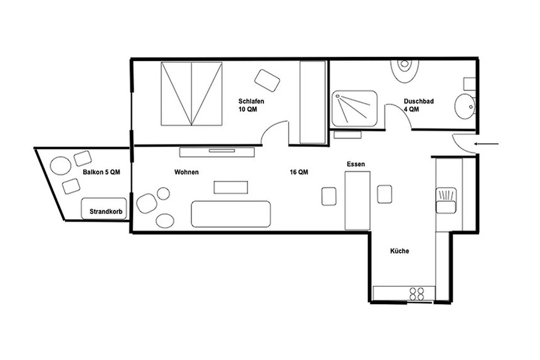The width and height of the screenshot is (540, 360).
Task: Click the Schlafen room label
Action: click(x=251, y=101)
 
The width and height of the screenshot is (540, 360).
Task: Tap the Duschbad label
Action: click(x=419, y=101)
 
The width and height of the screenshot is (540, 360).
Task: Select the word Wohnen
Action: click(x=187, y=172)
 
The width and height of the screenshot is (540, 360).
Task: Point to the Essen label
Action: click(x=356, y=164)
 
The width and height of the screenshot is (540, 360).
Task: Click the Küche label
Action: click(x=400, y=251)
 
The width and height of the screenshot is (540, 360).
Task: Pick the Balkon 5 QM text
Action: click(x=102, y=172)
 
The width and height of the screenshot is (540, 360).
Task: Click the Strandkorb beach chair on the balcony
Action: click(x=104, y=209)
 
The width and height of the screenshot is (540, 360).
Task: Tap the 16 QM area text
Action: click(x=299, y=172)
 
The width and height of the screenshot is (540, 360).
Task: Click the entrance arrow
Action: click(x=486, y=144)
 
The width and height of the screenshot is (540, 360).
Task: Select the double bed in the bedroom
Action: click(x=191, y=94)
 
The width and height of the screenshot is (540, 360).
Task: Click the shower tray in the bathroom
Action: click(x=355, y=108)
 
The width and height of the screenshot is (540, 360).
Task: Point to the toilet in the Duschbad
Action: click(x=405, y=71)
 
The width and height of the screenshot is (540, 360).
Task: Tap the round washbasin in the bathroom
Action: click(x=464, y=106)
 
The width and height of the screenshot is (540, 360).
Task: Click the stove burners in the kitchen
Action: click(x=417, y=294)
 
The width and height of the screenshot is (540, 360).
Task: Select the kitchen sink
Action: click(x=446, y=201)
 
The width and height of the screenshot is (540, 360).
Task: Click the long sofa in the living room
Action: click(x=231, y=214)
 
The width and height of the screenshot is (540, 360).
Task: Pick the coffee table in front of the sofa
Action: click(x=231, y=187)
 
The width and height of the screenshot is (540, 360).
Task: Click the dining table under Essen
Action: click(x=357, y=201)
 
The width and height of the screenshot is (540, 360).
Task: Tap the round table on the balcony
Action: click(x=60, y=166)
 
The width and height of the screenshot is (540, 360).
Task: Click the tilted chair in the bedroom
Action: click(x=267, y=81)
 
